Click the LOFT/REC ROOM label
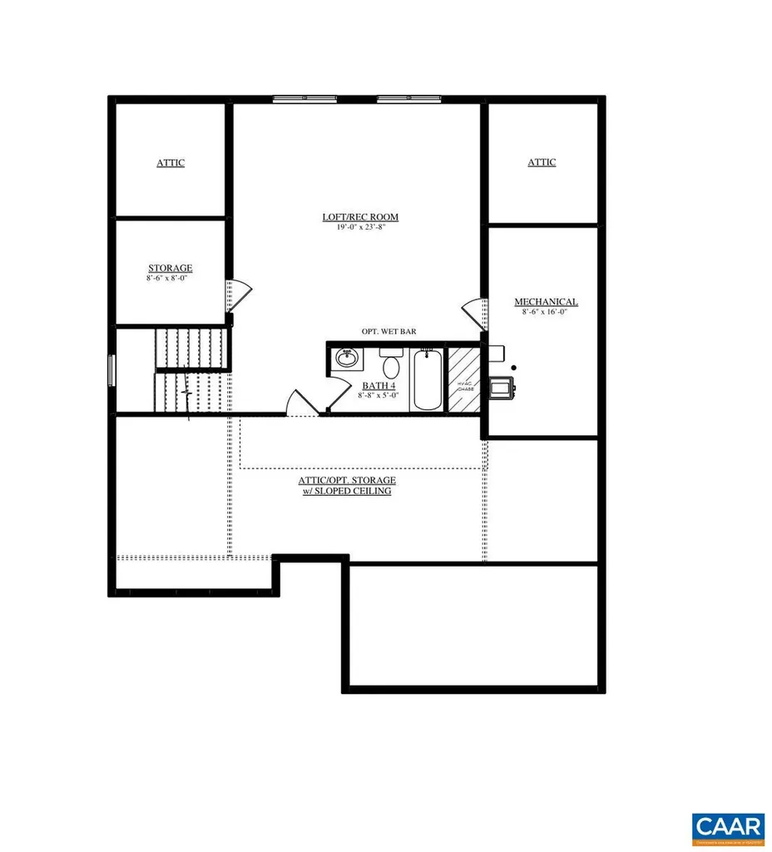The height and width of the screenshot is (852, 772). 360,217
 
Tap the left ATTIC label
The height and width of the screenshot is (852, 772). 171,163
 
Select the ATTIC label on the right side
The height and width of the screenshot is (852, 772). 542,162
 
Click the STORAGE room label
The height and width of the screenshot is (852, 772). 171,268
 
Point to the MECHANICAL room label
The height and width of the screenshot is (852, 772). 546,302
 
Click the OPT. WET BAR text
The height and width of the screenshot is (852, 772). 388,331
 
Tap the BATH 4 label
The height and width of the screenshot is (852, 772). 379,386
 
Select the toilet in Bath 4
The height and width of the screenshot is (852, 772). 391,363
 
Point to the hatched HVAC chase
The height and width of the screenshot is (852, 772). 464,379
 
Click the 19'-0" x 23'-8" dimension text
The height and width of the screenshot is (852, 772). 360,227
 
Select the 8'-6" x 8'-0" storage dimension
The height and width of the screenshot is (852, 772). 171,278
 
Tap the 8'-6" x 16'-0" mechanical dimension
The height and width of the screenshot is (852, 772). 546,312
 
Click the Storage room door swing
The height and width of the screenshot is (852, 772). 240,293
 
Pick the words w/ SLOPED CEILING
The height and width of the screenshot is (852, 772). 347,492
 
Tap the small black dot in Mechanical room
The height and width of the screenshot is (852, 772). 513,367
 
